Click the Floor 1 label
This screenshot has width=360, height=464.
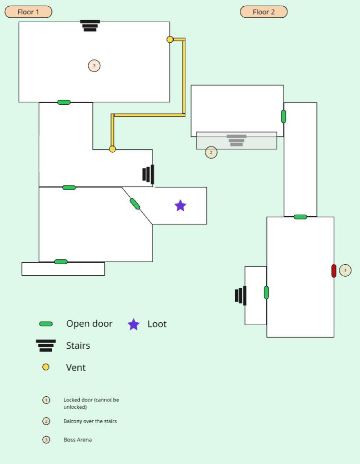click(28, 12)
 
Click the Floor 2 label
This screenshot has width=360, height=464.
click(264, 12)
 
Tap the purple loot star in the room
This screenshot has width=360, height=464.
click(180, 206)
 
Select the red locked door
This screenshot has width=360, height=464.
click(334, 271)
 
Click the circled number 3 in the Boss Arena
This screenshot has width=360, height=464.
click(94, 66)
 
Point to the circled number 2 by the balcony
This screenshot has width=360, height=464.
click(211, 153)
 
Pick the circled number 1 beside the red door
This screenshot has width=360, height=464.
click(345, 270)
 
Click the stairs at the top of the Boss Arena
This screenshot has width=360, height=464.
click(90, 26)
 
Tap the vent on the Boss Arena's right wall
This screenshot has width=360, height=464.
click(170, 39)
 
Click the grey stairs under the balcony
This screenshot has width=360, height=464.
click(237, 140)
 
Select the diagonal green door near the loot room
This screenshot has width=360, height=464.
click(135, 204)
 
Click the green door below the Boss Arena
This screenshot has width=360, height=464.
click(64, 102)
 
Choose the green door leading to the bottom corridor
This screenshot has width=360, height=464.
click(61, 262)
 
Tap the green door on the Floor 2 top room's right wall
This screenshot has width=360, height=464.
click(284, 116)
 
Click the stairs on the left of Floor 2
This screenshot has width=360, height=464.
click(241, 295)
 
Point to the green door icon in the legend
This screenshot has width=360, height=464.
click(46, 324)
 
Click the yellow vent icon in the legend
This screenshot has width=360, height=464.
click(46, 367)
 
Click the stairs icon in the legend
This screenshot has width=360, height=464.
click(46, 345)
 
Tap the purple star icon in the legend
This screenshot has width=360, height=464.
click(133, 325)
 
